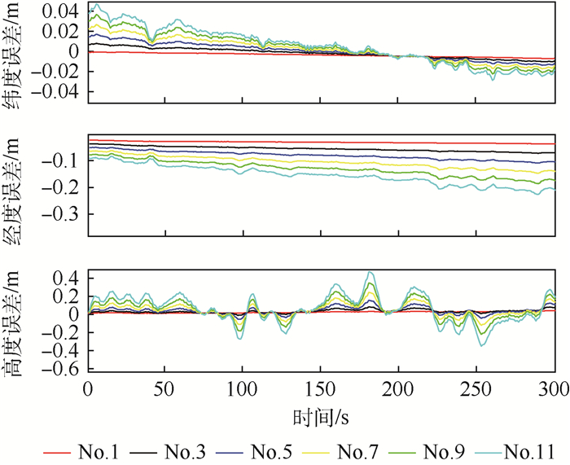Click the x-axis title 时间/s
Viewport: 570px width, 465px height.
pos(320,419)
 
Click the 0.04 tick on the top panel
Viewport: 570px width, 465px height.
pos(62,12)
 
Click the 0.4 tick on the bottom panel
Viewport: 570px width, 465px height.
pos(68,279)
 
